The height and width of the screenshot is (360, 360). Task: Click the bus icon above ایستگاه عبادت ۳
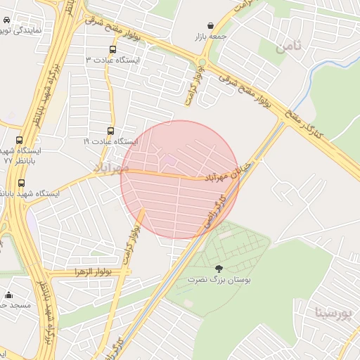112,49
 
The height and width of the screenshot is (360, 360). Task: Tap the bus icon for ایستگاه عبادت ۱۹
110,131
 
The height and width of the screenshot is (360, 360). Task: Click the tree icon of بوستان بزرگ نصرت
219,269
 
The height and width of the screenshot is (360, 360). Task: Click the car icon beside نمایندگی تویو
6,21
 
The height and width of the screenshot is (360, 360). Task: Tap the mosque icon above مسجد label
8,295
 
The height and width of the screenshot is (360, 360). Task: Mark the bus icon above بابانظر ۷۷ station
19,140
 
